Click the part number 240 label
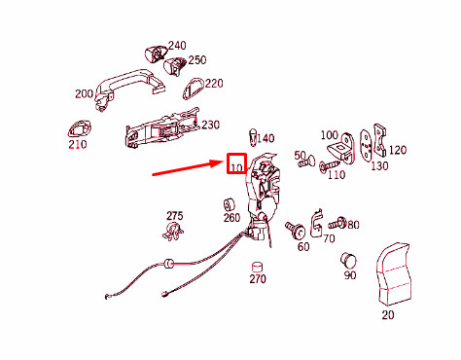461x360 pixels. [177, 46]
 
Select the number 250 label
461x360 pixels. [197, 60]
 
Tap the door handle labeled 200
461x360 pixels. [129, 86]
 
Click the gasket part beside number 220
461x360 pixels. [193, 89]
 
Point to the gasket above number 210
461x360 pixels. [80, 129]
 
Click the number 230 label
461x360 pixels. [210, 125]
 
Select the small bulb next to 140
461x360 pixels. [253, 137]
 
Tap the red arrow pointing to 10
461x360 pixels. [187, 168]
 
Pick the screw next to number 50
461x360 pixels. [306, 162]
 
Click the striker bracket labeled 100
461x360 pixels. [341, 148]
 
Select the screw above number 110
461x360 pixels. [329, 165]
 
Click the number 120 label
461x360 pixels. [398, 150]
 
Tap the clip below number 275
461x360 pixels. [172, 232]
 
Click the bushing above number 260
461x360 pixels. [229, 204]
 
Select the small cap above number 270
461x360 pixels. [257, 267]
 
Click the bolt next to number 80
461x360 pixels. [337, 223]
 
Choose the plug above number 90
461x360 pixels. [348, 261]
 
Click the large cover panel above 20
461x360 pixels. [394, 274]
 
